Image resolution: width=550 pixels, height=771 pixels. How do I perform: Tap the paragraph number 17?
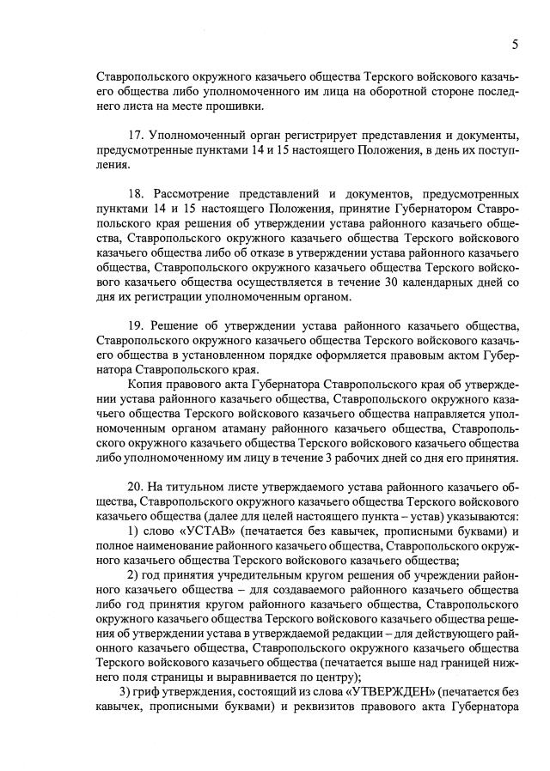pos(133,136)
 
